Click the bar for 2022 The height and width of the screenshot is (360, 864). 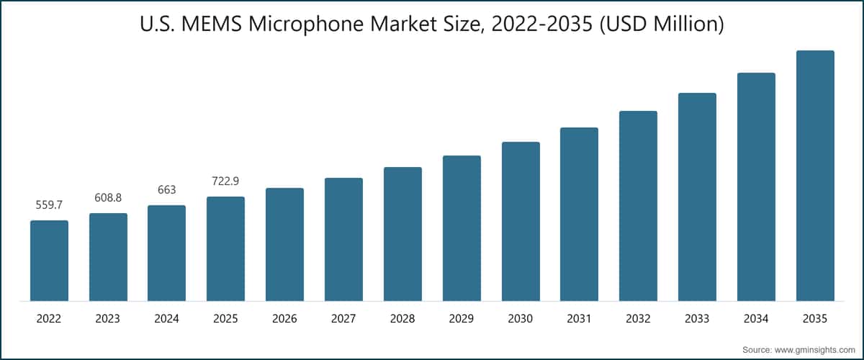[x=49, y=261]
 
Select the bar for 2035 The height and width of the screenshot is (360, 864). [x=815, y=176]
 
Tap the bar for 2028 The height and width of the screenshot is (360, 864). [x=402, y=234]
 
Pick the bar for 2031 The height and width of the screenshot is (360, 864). [x=579, y=214]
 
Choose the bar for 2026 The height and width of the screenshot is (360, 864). [x=284, y=244]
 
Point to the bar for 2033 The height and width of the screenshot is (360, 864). [x=697, y=197]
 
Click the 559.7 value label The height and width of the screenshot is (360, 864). [x=49, y=206]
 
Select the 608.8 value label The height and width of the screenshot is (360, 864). [x=108, y=198]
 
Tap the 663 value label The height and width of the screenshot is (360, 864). [x=166, y=190]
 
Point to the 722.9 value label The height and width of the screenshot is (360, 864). [x=225, y=182]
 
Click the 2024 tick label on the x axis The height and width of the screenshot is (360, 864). [x=166, y=318]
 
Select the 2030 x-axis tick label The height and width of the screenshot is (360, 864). [x=521, y=318]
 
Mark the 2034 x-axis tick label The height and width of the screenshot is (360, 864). [x=756, y=318]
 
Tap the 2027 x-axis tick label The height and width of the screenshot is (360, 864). [x=343, y=318]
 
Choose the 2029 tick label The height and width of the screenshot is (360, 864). [x=462, y=318]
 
